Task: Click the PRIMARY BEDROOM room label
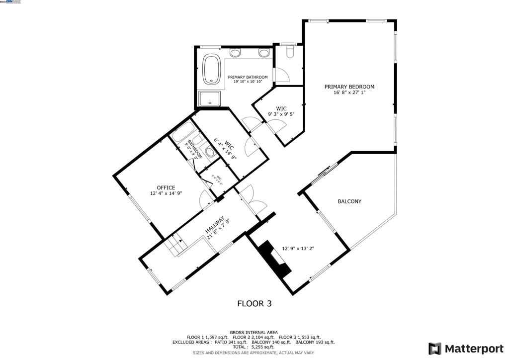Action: click(349, 87)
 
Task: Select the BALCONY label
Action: click(349, 201)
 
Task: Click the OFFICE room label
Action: click(166, 187)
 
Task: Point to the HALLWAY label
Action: click(217, 225)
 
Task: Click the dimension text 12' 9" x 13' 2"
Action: click(298, 249)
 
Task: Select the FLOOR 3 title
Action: click(254, 303)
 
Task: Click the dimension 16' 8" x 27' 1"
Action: click(349, 93)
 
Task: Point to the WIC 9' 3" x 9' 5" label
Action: click(281, 111)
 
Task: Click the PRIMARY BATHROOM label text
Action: click(248, 77)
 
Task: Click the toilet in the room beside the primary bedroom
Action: click(291, 51)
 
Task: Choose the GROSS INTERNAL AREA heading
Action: click(254, 332)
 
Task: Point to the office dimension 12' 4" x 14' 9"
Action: click(166, 193)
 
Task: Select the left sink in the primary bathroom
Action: click(235, 52)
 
